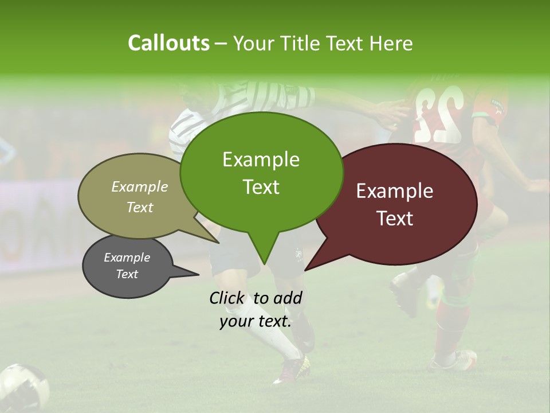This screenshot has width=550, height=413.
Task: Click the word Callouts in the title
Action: click(168, 43)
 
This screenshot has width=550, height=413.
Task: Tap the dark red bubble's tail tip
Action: click(306, 269)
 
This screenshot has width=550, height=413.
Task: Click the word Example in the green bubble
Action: click(261, 159)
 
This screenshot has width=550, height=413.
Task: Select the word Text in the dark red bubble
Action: click(395, 219)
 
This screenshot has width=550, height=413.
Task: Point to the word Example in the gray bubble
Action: click(127, 258)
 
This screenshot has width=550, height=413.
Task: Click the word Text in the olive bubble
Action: click(140, 208)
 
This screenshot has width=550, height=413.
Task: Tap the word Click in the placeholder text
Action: click(227, 298)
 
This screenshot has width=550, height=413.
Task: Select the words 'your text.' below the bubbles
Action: click(256, 321)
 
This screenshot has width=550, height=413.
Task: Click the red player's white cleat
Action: click(455, 360)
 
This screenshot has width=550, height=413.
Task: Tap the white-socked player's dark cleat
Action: click(292, 370)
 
